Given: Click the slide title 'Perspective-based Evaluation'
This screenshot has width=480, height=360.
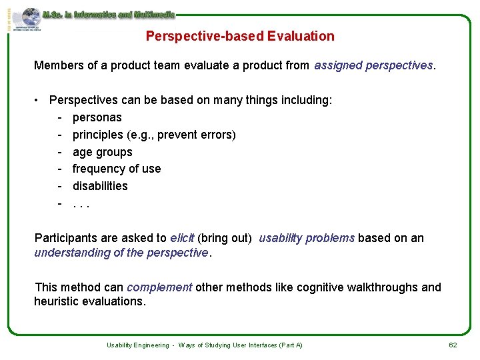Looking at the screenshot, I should pos(240,36).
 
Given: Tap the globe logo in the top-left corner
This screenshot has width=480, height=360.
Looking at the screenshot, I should pos(30,17).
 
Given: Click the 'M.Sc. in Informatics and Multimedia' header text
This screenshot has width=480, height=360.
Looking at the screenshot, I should pos(108,14).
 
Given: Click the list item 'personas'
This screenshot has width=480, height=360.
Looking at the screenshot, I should pos(97,117).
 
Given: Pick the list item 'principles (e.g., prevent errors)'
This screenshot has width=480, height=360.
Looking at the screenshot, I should pos(154,135).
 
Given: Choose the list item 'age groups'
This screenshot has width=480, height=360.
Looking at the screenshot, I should pos(103,152).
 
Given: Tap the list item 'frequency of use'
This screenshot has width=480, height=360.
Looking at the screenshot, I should pos(117,169).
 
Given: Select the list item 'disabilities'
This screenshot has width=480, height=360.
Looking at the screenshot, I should pos(100,186).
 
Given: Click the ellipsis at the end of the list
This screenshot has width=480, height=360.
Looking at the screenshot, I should pos(81,203).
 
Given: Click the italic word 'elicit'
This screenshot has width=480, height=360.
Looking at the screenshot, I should pos(182,238).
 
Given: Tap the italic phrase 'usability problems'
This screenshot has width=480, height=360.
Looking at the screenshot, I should pos(307,238).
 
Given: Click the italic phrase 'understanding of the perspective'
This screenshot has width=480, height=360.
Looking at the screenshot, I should pos(121,253).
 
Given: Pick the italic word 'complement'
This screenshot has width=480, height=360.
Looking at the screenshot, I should pos(159,287).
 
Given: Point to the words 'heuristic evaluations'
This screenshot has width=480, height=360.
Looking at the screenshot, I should pos(88,301).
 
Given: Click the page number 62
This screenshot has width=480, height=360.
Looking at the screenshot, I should pos(453,345).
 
